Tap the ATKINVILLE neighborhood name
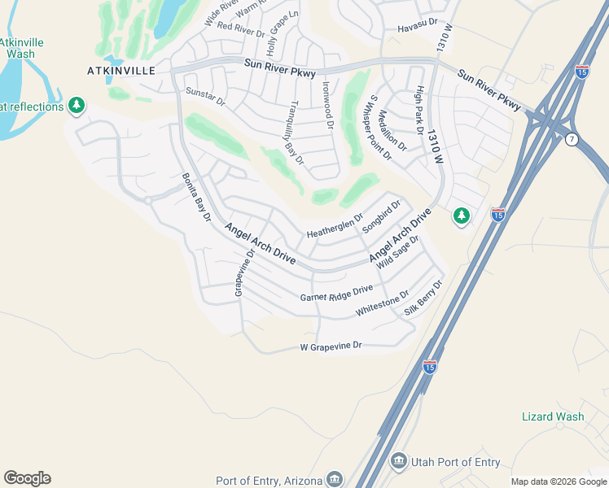click(x=121, y=71)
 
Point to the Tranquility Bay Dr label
click(x=297, y=133)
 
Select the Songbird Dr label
click(x=382, y=216)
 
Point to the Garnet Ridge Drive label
click(x=336, y=294)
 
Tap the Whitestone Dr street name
click(x=382, y=306)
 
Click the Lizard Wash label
click(x=553, y=416)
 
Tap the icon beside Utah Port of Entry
click(x=398, y=462)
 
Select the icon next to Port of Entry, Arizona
click(x=334, y=478)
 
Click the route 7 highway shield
click(x=572, y=140)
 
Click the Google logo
click(x=27, y=478)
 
